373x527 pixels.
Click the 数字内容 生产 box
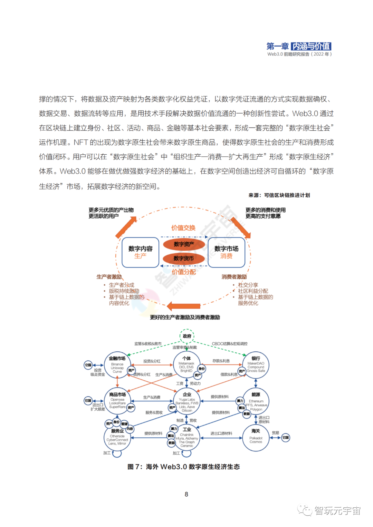tap(140, 252)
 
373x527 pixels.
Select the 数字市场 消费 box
tap(226, 252)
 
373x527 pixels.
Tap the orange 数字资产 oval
tap(184, 244)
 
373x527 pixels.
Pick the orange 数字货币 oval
tap(184, 258)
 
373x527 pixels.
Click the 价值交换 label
tap(183, 228)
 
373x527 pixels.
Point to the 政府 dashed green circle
tap(187, 336)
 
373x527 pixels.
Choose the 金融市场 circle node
tap(117, 365)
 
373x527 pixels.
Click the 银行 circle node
tap(256, 365)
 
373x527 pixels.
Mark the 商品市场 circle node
tap(117, 401)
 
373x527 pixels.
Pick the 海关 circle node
tap(256, 438)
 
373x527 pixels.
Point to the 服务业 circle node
tap(117, 438)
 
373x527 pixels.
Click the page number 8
tap(186, 494)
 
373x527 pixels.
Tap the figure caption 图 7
tap(183, 467)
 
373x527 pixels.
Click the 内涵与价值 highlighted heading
tap(311, 46)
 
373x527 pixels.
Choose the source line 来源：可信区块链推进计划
tap(279, 195)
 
